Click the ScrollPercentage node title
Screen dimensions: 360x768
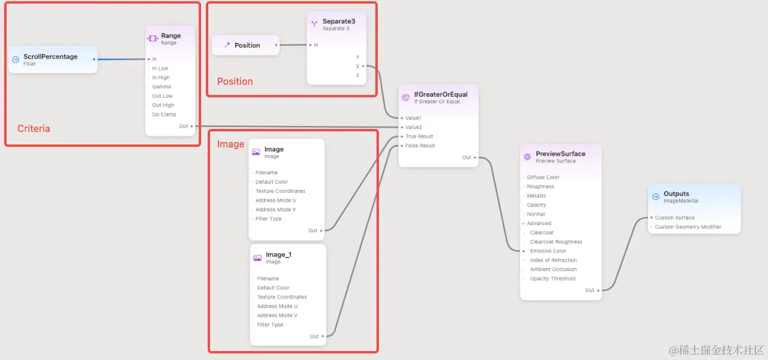(50, 57)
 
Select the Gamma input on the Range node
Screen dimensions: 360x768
(161, 87)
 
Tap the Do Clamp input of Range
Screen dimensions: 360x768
(164, 114)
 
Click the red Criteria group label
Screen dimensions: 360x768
(33, 128)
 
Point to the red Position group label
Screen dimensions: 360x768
(235, 81)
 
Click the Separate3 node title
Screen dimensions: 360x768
(338, 21)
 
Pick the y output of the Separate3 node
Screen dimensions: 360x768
(358, 66)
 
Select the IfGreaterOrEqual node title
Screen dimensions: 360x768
(440, 94)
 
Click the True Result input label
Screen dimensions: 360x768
(420, 136)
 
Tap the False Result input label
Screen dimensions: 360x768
(420, 146)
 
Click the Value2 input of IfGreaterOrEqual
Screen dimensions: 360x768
(414, 127)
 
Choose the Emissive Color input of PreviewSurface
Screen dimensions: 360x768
(548, 251)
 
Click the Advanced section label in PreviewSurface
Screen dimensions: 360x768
(539, 223)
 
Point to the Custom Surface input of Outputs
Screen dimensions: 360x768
(674, 218)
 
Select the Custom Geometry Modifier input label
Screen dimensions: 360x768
(688, 227)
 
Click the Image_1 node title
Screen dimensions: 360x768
(279, 254)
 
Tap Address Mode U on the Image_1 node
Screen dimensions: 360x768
(277, 306)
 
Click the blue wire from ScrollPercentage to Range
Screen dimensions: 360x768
(122, 59)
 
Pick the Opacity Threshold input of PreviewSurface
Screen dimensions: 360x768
(553, 279)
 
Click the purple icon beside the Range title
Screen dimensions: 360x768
(153, 38)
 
